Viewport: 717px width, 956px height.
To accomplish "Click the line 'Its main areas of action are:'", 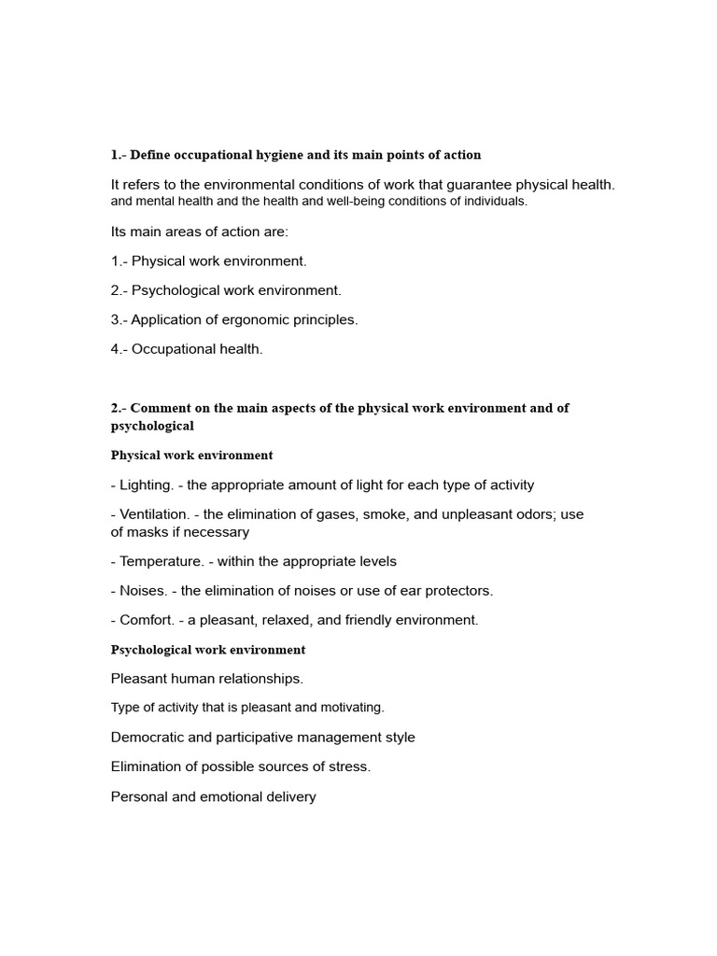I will click(x=200, y=232).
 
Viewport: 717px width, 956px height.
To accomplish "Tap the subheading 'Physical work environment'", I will click(x=191, y=456).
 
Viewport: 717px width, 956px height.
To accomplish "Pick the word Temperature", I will click(x=162, y=561).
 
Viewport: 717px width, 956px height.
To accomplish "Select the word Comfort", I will click(x=151, y=620).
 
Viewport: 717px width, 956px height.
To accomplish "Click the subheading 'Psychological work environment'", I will click(x=208, y=650).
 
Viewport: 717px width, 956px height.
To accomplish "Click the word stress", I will click(x=349, y=766).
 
